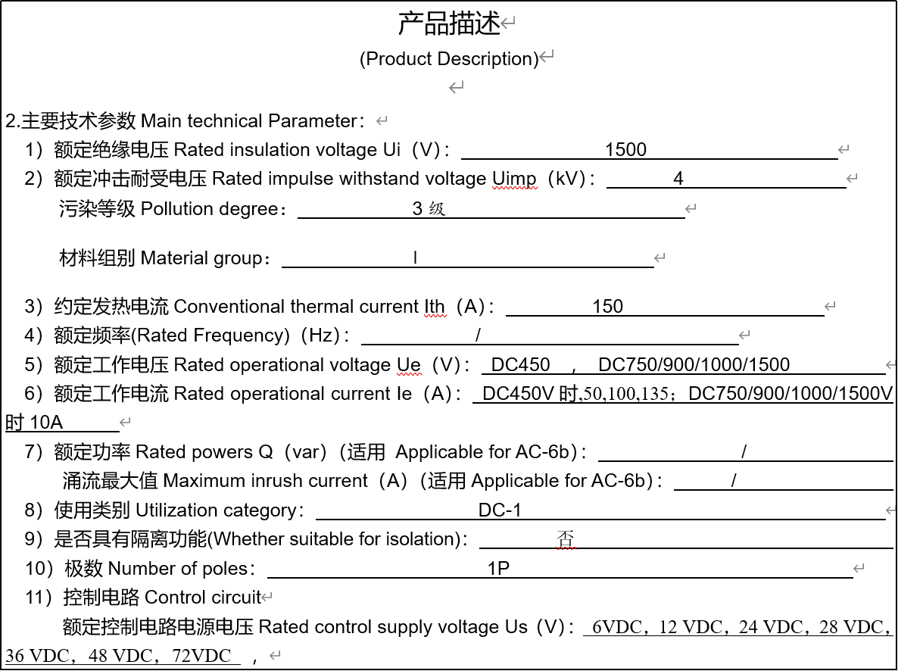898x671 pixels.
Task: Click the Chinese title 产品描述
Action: coord(449,23)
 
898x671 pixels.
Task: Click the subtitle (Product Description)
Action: coord(449,58)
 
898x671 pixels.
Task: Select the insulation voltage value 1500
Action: coord(625,149)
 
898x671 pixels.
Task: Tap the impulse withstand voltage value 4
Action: coord(678,179)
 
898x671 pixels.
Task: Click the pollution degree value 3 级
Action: coord(429,208)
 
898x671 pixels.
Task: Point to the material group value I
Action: coord(415,258)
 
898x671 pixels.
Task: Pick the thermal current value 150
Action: coord(607,306)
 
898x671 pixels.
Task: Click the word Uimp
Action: coord(514,179)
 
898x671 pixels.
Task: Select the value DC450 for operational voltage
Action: coord(520,364)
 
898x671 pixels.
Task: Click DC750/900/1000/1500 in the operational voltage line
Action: coord(694,364)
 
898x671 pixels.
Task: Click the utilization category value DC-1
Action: coord(500,510)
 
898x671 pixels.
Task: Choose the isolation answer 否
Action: coord(566,538)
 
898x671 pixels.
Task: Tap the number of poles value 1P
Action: coord(498,568)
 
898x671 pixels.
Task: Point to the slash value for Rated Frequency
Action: coord(478,335)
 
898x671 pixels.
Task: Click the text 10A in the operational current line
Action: coord(46,422)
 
